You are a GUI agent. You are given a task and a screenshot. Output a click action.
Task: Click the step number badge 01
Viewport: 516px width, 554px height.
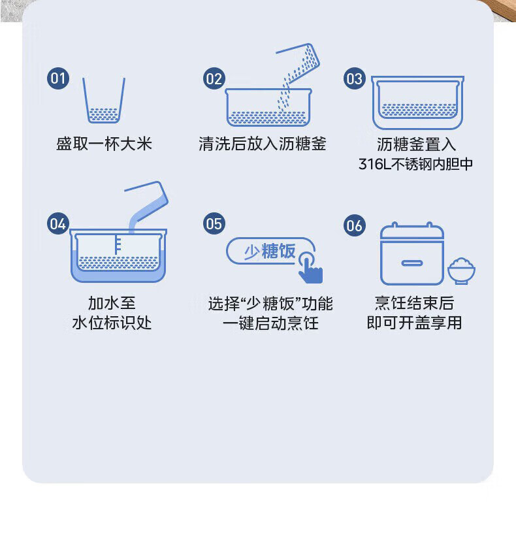pyautogui.click(x=58, y=79)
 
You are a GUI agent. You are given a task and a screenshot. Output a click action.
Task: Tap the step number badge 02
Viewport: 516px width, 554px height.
pyautogui.click(x=214, y=79)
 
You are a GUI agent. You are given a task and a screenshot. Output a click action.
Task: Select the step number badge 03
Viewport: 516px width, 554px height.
pyautogui.click(x=354, y=79)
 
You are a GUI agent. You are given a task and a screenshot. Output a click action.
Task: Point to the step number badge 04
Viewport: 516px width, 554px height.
pyautogui.click(x=58, y=223)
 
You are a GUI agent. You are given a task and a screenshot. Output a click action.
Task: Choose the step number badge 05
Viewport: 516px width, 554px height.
pyautogui.click(x=214, y=223)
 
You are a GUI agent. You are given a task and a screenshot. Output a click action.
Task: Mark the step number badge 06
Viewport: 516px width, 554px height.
pyautogui.click(x=354, y=226)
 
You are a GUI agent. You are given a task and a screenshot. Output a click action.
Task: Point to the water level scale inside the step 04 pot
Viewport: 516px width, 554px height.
pyautogui.click(x=117, y=244)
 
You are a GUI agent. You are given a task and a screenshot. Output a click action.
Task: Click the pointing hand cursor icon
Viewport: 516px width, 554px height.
pyautogui.click(x=311, y=268)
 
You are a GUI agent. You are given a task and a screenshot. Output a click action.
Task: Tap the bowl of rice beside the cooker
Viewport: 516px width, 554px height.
pyautogui.click(x=462, y=270)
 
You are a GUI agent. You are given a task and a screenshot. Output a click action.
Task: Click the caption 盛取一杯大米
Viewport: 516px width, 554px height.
pyautogui.click(x=104, y=144)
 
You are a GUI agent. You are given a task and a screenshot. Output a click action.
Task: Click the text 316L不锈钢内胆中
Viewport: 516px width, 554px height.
pyautogui.click(x=415, y=163)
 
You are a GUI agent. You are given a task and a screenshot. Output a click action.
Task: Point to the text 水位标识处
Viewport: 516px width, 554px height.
pyautogui.click(x=112, y=323)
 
